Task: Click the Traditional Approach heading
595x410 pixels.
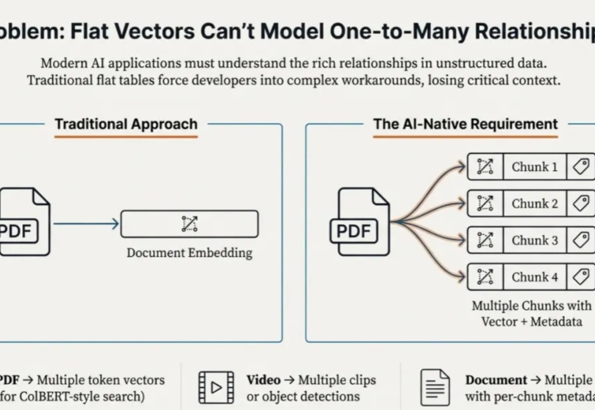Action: [126, 124]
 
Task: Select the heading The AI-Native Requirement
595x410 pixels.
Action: [466, 124]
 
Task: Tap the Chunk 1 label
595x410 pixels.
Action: [534, 167]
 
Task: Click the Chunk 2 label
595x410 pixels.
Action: [534, 203]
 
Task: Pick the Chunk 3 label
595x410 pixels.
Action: [534, 240]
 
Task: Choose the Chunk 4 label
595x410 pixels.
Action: [534, 277]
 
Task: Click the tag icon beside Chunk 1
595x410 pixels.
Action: [581, 167]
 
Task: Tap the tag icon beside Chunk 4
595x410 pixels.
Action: [581, 277]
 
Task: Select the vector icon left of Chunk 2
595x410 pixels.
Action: [485, 203]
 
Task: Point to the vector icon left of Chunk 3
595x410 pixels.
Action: [485, 240]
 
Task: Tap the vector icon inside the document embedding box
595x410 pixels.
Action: [190, 224]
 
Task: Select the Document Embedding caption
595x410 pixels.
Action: [190, 253]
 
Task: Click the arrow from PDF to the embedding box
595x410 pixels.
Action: [85, 224]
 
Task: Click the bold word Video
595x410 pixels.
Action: [263, 380]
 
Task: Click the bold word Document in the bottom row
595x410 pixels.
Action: [496, 380]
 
